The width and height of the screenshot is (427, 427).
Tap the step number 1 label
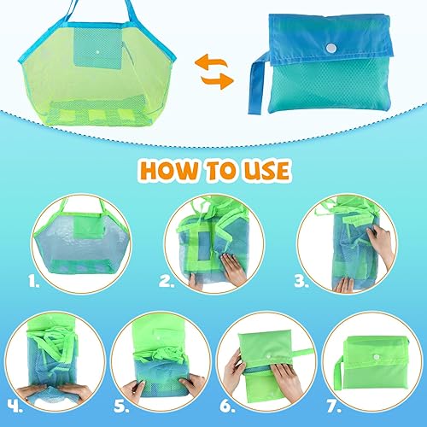[x=34, y=281]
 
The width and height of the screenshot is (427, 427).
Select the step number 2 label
[x=166, y=281]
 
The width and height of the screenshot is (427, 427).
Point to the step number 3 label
[x=301, y=281]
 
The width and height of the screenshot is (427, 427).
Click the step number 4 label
[x=15, y=407]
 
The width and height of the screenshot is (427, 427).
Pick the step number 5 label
[x=121, y=407]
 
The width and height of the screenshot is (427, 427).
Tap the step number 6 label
[x=227, y=407]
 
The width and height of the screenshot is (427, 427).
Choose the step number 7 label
[x=333, y=407]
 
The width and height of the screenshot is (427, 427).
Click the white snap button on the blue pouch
[x=330, y=48]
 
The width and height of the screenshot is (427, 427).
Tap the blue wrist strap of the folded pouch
[x=258, y=83]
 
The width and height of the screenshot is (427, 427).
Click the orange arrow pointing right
[x=217, y=81]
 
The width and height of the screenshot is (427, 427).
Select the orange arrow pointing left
[x=211, y=62]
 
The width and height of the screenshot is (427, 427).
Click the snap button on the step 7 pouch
[x=377, y=357]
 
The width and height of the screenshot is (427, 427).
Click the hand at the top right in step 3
[x=381, y=243]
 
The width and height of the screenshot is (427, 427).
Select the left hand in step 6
[x=234, y=370]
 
